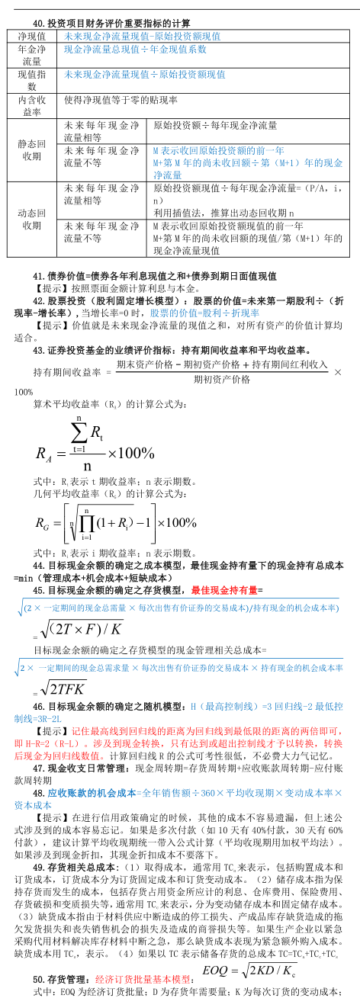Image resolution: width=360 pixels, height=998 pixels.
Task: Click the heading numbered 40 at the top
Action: tap(111, 24)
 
